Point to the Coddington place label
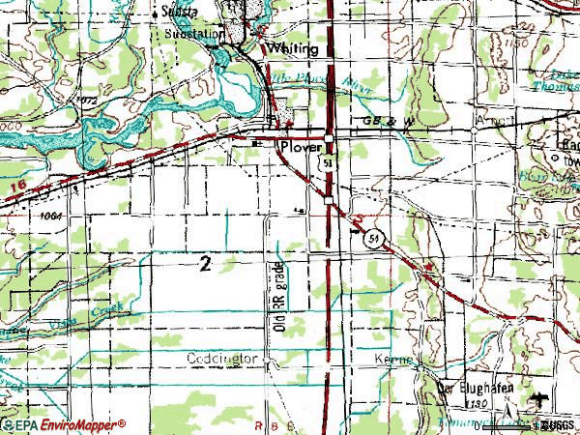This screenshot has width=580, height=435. click(225, 360)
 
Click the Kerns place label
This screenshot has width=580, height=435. click(393, 360)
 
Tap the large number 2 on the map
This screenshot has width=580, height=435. click(204, 264)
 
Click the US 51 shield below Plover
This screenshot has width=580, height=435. click(329, 167)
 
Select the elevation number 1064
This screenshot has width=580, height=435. click(53, 216)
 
